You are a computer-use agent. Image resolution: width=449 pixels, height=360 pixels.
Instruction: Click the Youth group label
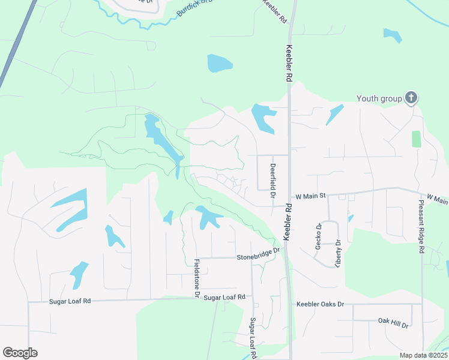380,99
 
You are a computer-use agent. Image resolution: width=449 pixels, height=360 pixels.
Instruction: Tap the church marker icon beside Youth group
411,98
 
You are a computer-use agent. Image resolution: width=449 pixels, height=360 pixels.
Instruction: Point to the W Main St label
311,196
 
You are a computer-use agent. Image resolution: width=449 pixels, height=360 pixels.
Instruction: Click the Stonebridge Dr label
258,254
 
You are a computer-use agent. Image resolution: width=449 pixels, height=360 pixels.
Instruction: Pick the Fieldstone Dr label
196,278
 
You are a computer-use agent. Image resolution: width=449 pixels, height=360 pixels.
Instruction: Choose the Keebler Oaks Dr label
320,304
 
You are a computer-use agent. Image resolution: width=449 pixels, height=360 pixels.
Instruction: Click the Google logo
20,353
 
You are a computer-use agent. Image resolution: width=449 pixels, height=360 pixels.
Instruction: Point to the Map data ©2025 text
423,355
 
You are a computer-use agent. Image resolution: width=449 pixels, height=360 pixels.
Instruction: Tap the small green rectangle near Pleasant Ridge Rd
417,139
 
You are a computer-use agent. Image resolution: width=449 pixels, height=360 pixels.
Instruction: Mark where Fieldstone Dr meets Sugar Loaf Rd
196,298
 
